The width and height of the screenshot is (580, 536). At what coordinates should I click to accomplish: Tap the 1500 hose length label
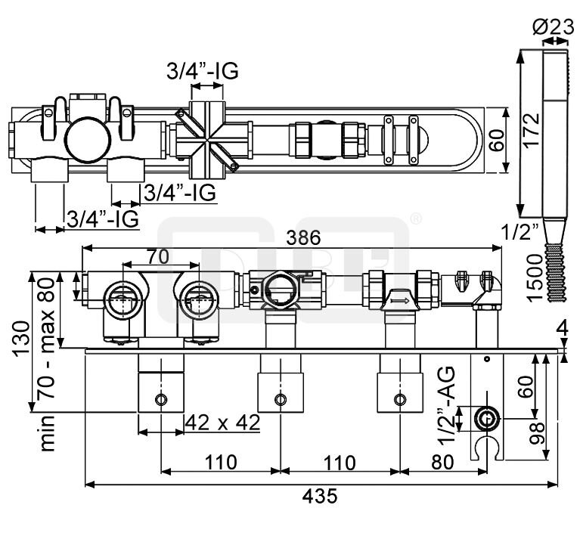[x=534, y=276]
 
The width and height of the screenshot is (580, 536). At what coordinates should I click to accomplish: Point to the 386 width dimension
[x=303, y=237]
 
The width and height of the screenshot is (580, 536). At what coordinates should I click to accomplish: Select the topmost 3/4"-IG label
[x=203, y=72]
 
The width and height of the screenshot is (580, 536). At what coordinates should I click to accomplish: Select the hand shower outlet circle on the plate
[x=485, y=418]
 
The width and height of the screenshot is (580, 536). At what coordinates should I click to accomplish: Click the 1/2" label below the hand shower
[x=521, y=230]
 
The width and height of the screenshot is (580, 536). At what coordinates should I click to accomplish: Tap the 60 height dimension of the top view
[x=495, y=139]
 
